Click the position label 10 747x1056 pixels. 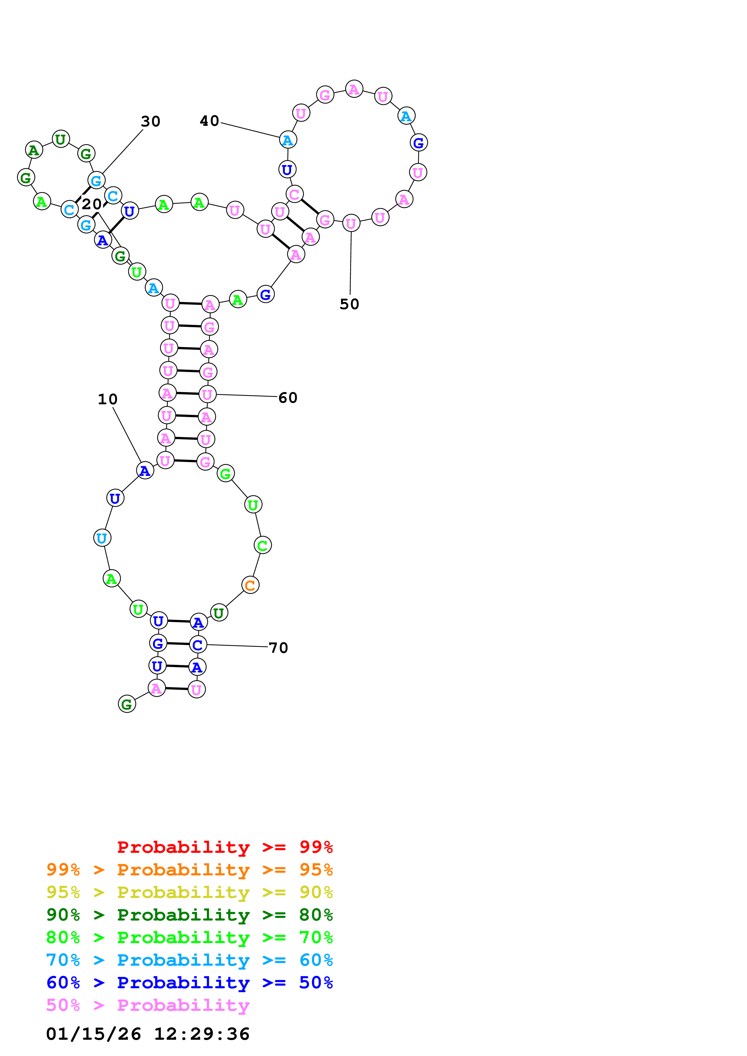click(x=107, y=399)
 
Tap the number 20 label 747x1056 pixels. click(x=92, y=204)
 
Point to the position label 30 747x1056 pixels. click(x=150, y=121)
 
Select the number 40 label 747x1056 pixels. click(x=209, y=121)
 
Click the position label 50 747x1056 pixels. click(x=349, y=304)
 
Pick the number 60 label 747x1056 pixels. click(x=288, y=398)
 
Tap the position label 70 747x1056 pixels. click(x=278, y=648)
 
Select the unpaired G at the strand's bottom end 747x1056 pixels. click(x=127, y=704)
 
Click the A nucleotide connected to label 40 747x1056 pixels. click(x=288, y=140)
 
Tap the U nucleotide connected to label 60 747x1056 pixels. click(x=208, y=394)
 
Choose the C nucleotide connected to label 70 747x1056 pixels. click(x=198, y=645)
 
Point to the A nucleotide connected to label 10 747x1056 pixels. click(x=145, y=471)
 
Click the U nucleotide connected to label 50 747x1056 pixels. click(x=351, y=224)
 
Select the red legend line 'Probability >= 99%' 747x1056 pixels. click(x=224, y=847)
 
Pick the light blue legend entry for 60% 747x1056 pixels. click(x=189, y=960)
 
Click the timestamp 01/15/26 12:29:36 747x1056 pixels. click(x=148, y=1034)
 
